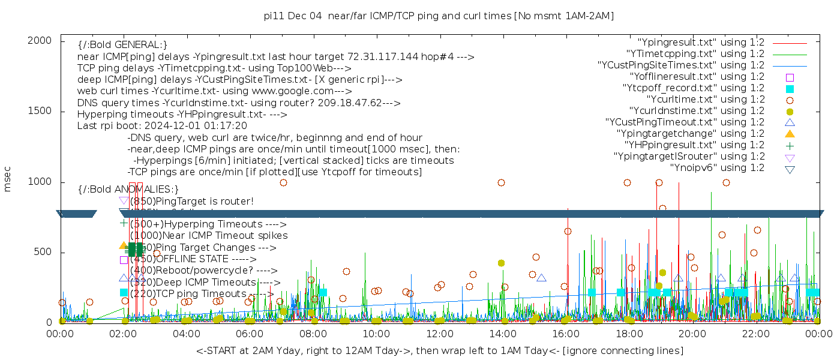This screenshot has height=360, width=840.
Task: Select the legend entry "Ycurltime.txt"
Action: tap(705, 100)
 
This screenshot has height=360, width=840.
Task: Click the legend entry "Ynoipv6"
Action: tap(717, 168)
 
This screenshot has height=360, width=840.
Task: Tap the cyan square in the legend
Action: tap(790, 89)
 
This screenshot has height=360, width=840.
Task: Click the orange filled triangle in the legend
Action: tap(790, 134)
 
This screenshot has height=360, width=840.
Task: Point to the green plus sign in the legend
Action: tap(790, 145)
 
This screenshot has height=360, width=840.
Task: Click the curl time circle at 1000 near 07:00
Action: tap(283, 182)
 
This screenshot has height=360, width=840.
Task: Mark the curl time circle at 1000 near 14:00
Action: tap(501, 182)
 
